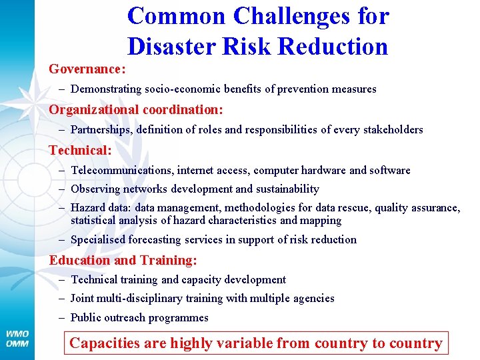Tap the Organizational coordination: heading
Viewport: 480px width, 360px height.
click(x=136, y=109)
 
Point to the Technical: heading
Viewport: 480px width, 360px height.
click(x=80, y=151)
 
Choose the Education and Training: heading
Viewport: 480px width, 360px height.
click(x=123, y=260)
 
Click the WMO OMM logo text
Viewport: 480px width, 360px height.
click(x=17, y=338)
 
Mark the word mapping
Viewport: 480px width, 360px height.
click(x=321, y=220)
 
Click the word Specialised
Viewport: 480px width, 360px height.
click(x=99, y=239)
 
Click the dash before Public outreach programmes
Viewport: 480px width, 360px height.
click(x=62, y=318)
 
